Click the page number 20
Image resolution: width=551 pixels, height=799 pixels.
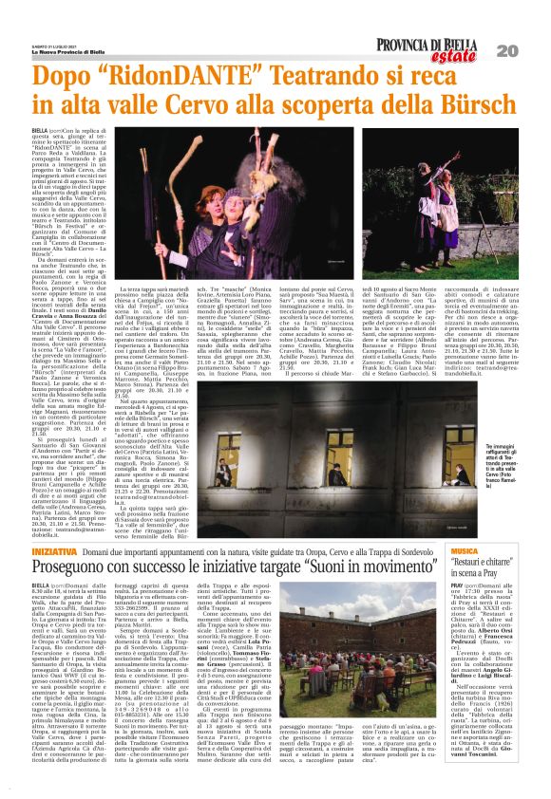534,49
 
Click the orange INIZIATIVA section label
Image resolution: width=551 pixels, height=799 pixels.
54,526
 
